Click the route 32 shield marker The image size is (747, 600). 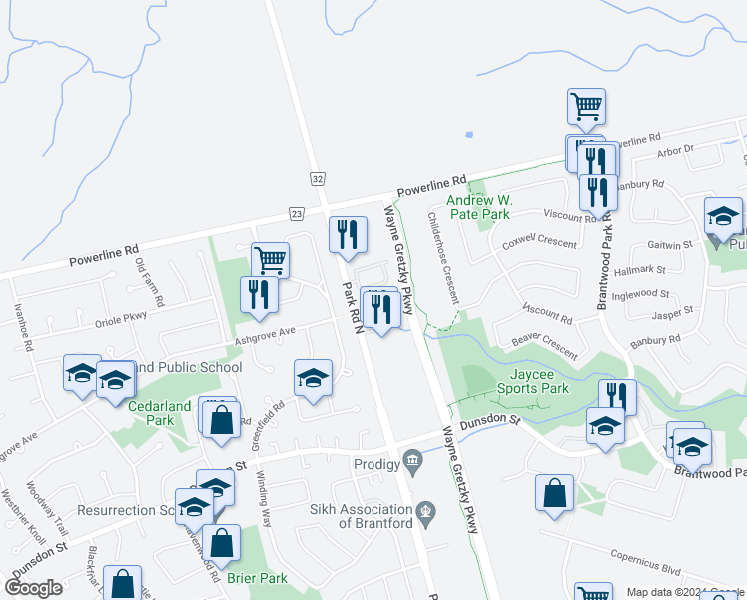[x=317, y=178]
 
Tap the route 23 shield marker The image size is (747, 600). [x=297, y=213]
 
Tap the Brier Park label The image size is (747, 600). [x=259, y=578]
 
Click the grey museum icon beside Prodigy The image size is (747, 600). [x=411, y=461]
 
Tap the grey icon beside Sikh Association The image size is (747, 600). [x=426, y=510]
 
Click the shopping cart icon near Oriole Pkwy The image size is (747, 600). [x=271, y=260]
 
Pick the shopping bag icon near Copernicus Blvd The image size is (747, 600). [x=554, y=493]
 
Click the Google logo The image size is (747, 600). [x=34, y=588]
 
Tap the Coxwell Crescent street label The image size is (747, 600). [x=540, y=241]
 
